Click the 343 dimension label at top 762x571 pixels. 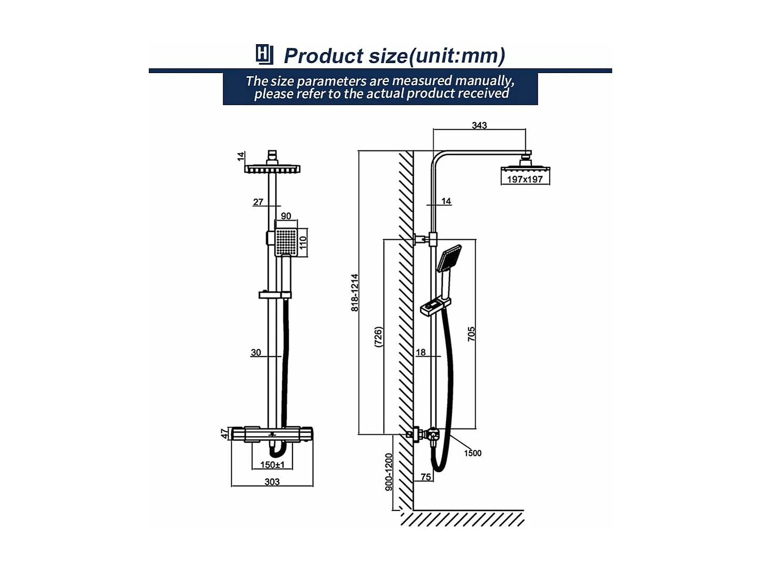pyautogui.click(x=479, y=125)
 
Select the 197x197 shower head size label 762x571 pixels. pyautogui.click(x=524, y=179)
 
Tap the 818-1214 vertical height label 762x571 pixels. pyautogui.click(x=355, y=292)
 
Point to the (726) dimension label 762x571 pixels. pyautogui.click(x=378, y=337)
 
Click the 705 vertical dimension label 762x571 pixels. pyautogui.click(x=471, y=334)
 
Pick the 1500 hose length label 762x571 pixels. pyautogui.click(x=472, y=453)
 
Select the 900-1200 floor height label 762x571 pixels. pyautogui.click(x=389, y=472)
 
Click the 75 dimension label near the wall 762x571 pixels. pyautogui.click(x=425, y=477)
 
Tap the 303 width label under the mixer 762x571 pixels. pyautogui.click(x=272, y=482)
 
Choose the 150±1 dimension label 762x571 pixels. pyautogui.click(x=272, y=465)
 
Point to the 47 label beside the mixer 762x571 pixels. pyautogui.click(x=225, y=433)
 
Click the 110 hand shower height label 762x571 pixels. pyautogui.click(x=303, y=243)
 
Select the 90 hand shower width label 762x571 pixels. pyautogui.click(x=286, y=216)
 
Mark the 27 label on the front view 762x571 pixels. pyautogui.click(x=258, y=202)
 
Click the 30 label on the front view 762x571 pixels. pyautogui.click(x=256, y=352)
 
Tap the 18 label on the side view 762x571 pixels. pyautogui.click(x=421, y=352)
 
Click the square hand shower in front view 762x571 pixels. pyautogui.click(x=286, y=242)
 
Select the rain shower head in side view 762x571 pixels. pyautogui.click(x=525, y=168)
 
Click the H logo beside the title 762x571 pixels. pyautogui.click(x=264, y=54)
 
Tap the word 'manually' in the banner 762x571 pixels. pyautogui.click(x=484, y=81)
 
